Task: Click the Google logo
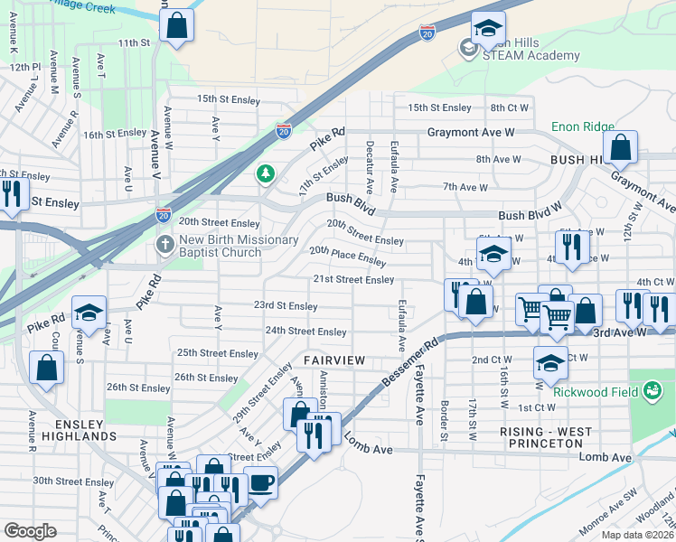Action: (x=30, y=531)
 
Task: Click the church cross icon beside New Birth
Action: (x=164, y=244)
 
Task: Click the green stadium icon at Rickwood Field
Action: (x=650, y=390)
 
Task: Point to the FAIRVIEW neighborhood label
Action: (x=334, y=360)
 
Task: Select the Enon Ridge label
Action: (x=584, y=127)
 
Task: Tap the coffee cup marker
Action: (x=260, y=481)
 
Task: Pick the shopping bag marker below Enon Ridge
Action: (x=621, y=147)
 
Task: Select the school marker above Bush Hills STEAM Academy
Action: (x=488, y=28)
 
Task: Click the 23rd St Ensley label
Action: (x=285, y=307)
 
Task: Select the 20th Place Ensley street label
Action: (x=347, y=256)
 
